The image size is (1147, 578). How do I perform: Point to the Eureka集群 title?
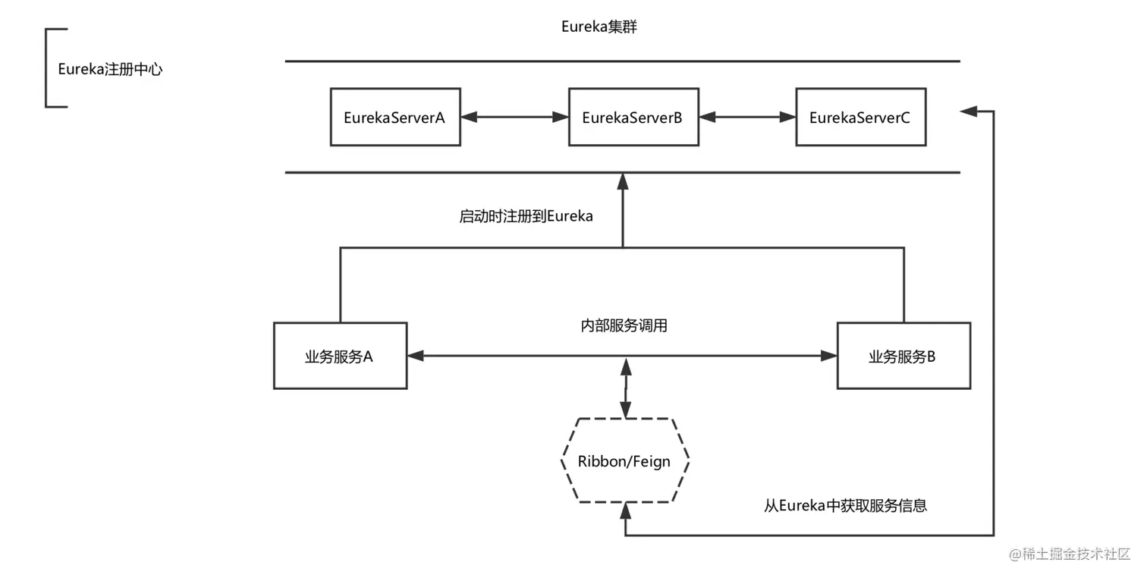pyautogui.click(x=599, y=27)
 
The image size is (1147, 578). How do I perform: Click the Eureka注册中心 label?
pyautogui.click(x=110, y=69)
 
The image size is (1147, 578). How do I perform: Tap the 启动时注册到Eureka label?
pyautogui.click(x=526, y=216)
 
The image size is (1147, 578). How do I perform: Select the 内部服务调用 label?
pyautogui.click(x=624, y=325)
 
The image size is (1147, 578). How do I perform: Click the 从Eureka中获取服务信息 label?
pyautogui.click(x=845, y=506)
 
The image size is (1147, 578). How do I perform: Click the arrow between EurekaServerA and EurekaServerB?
pyautogui.click(x=514, y=118)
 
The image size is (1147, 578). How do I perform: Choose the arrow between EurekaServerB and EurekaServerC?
pyautogui.click(x=748, y=118)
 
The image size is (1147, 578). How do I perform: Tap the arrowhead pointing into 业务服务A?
pyautogui.click(x=415, y=356)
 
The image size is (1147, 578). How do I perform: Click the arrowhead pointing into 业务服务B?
pyautogui.click(x=829, y=356)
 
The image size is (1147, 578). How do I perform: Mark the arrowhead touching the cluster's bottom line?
pyautogui.click(x=623, y=181)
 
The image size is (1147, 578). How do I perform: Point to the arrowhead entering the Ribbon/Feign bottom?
pyautogui.click(x=625, y=511)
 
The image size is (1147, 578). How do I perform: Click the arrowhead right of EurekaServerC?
pyautogui.click(x=968, y=111)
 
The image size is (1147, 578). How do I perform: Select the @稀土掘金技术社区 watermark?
pyautogui.click(x=1070, y=554)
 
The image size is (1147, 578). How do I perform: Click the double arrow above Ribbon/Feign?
pyautogui.click(x=626, y=388)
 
